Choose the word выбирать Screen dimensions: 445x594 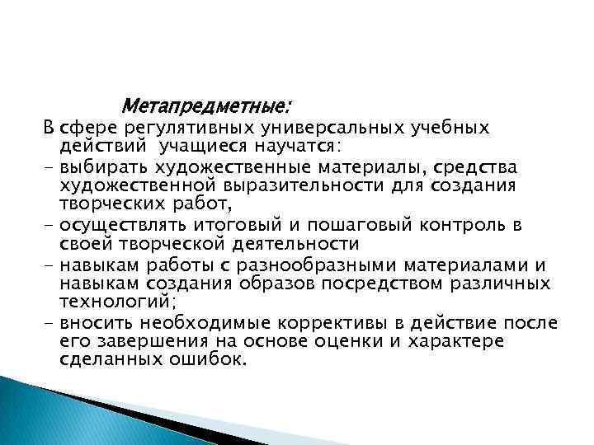point(102,166)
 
